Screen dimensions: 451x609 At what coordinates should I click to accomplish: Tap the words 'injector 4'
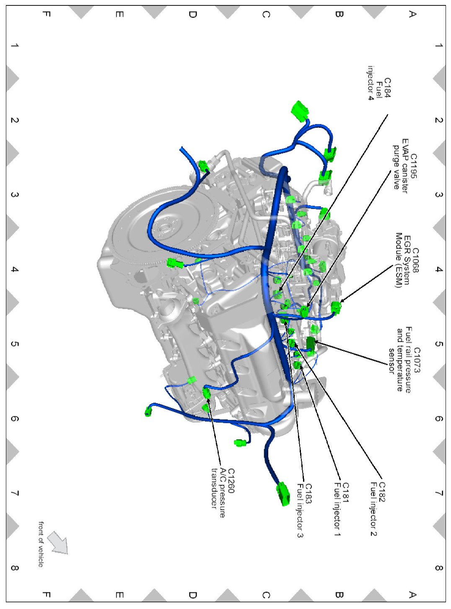[371, 83]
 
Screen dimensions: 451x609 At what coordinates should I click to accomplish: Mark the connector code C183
[308, 493]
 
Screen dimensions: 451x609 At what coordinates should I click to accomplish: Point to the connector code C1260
[230, 481]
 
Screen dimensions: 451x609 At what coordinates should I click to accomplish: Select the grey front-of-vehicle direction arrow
[57, 542]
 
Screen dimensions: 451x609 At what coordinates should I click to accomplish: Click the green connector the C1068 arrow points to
[336, 307]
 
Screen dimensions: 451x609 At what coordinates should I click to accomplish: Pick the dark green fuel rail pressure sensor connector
[311, 343]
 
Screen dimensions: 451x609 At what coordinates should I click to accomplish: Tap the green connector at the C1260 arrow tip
[206, 392]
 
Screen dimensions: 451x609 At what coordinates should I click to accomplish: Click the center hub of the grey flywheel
[162, 228]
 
